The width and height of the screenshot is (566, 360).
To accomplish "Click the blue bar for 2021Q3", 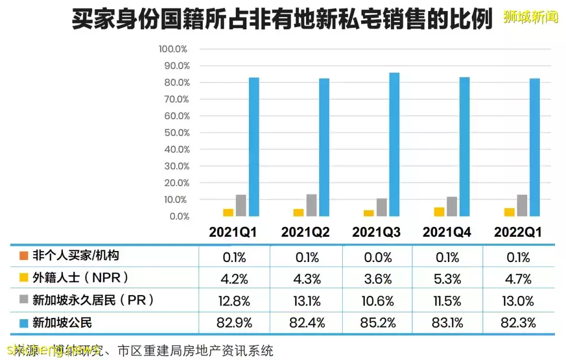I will tap(394, 145).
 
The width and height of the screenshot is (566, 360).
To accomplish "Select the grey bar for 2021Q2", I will tap(311, 205).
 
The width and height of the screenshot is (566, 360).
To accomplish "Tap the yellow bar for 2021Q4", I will tap(439, 212).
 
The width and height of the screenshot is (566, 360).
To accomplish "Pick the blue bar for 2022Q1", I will tap(535, 147).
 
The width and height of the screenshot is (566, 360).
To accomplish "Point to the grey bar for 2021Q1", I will tap(241, 205).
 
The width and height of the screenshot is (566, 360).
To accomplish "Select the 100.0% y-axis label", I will tap(173, 49).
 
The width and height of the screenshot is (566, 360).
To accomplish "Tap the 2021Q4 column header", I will tap(447, 232).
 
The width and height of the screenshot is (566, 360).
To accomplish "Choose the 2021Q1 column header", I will tap(233, 232).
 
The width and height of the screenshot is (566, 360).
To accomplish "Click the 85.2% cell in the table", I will tap(377, 322).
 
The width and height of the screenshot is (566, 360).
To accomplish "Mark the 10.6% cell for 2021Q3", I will tap(377, 301).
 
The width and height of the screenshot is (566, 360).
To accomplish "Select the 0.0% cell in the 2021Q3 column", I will tap(377, 257).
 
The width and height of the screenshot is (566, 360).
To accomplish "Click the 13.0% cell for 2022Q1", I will tap(518, 301).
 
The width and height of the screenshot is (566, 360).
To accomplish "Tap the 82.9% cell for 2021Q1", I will tap(233, 322).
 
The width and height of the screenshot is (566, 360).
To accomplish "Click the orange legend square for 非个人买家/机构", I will tap(23, 256).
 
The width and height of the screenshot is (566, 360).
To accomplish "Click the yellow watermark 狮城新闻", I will tap(530, 17).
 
